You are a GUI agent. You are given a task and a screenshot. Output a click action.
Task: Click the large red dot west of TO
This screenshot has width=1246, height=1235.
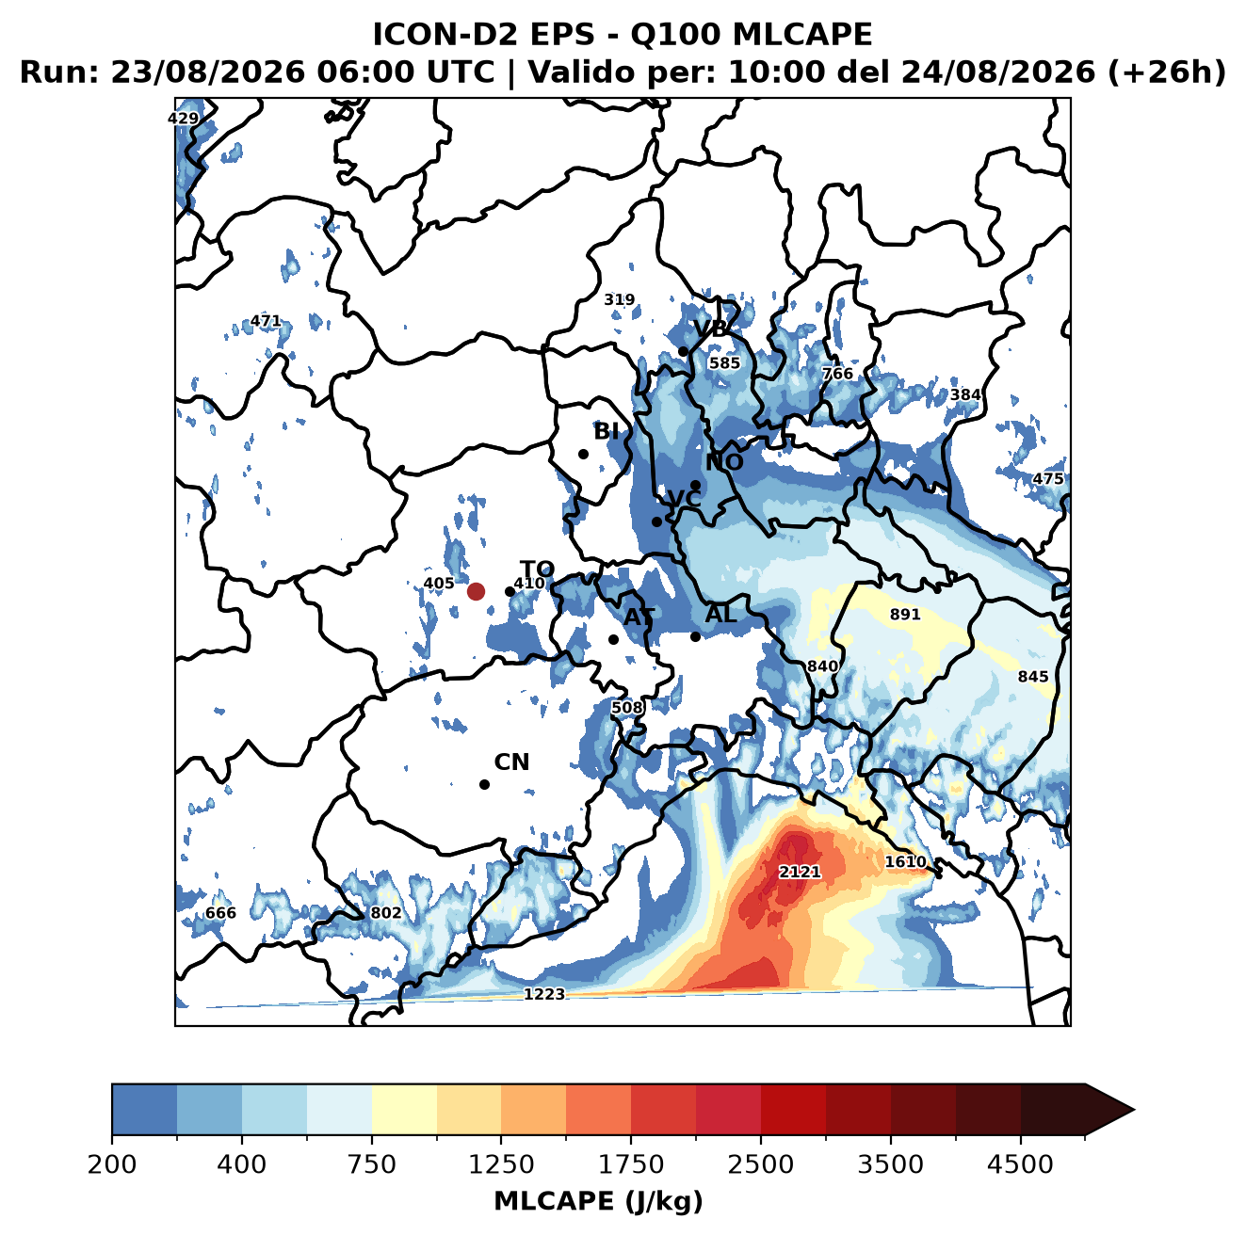coord(476,591)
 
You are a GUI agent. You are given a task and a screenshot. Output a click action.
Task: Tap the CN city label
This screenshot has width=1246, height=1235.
coord(511,762)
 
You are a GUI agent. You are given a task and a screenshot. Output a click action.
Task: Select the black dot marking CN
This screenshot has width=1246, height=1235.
coord(484,784)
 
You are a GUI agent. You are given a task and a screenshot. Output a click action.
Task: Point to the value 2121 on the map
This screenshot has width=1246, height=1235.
coord(800,873)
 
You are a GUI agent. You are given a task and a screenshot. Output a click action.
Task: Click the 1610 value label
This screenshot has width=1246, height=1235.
coord(905,861)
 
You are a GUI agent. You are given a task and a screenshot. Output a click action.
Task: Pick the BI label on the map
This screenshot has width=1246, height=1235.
coord(607,431)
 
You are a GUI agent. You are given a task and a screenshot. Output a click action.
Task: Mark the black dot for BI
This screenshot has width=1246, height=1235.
coord(583,455)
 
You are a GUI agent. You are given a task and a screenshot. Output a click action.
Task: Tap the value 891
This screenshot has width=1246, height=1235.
coord(905,615)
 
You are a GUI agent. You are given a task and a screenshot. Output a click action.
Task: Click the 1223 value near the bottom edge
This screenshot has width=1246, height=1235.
coord(544,994)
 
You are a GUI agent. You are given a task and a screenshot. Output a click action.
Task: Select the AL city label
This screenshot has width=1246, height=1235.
coord(720,614)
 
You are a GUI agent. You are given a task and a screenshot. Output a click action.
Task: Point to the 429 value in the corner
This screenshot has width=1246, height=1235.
coord(183,119)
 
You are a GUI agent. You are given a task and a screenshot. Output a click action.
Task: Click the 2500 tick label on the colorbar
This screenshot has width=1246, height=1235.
coord(760,1164)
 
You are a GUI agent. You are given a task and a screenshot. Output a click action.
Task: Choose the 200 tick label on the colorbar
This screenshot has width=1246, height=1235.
coord(112,1164)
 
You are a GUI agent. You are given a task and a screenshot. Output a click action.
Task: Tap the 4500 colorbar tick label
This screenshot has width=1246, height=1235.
coord(1020,1164)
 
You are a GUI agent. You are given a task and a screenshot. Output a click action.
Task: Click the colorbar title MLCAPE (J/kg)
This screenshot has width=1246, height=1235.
coord(599,1201)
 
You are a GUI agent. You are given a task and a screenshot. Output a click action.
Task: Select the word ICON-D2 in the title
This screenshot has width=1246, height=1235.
coord(445,34)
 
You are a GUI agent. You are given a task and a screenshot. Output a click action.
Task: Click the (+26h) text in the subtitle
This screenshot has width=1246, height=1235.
coord(1167,72)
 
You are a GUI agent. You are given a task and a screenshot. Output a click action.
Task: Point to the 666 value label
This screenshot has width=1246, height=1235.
coord(220,913)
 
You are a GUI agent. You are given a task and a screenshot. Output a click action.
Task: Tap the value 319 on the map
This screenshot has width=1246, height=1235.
coord(620,300)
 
